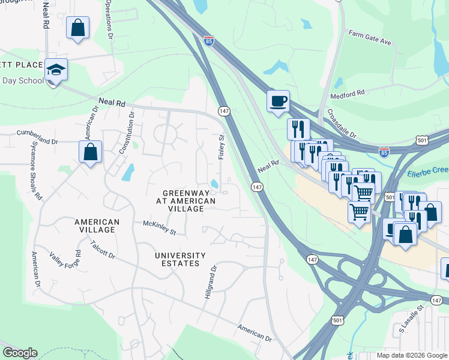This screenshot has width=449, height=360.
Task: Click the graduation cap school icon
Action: click(56, 70)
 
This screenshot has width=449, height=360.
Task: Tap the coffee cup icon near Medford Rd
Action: click(278, 101)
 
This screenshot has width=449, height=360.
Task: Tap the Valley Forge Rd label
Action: click(64, 261)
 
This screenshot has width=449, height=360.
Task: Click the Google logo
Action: click(20, 353)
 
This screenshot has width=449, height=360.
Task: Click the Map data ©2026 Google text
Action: click(411, 355)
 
